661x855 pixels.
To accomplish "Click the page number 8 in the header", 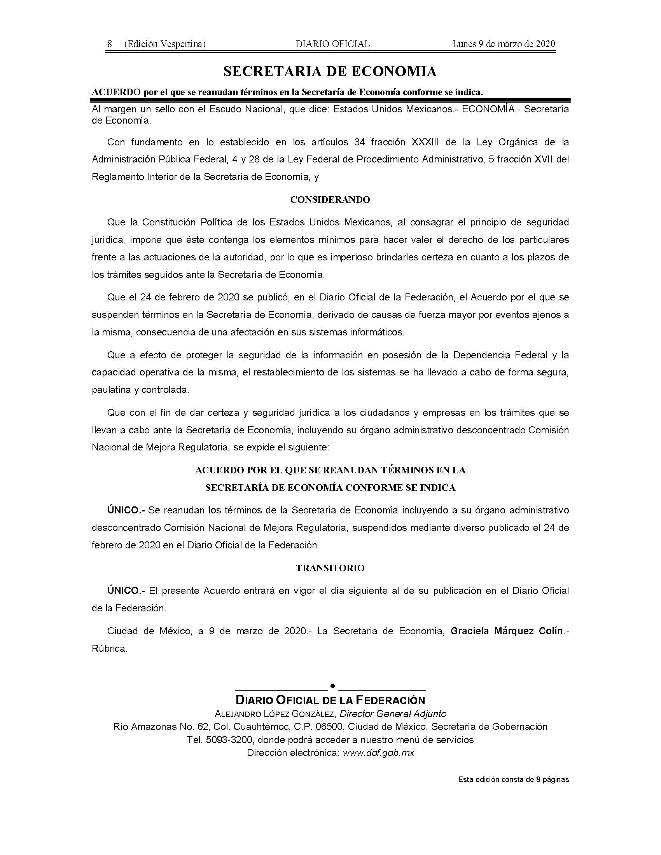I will pyautogui.click(x=110, y=44).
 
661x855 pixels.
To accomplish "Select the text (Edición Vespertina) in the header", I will pyautogui.click(x=165, y=44).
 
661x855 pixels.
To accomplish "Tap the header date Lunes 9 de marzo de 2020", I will pyautogui.click(x=504, y=44).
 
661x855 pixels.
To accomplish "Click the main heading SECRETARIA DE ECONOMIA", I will pyautogui.click(x=330, y=71).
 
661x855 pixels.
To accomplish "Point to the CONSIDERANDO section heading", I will pyautogui.click(x=330, y=200).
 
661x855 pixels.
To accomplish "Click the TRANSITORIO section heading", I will pyautogui.click(x=330, y=568).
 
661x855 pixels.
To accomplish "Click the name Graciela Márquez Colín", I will pyautogui.click(x=507, y=631).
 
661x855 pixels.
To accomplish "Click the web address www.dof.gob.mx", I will pyautogui.click(x=378, y=753).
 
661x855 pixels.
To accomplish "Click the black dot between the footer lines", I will pyautogui.click(x=332, y=685).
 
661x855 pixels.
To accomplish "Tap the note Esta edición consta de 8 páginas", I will pyautogui.click(x=513, y=780).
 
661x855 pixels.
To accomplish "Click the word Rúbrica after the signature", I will pyautogui.click(x=109, y=649).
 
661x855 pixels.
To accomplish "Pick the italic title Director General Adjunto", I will pyautogui.click(x=393, y=713).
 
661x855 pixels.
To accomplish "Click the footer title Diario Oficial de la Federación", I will pyautogui.click(x=330, y=700).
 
